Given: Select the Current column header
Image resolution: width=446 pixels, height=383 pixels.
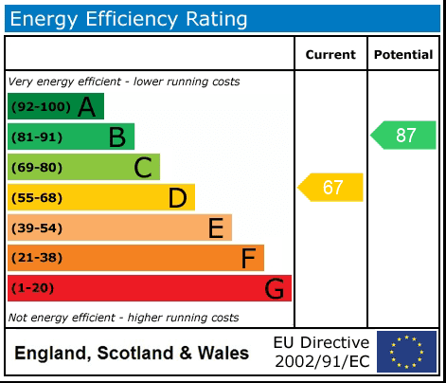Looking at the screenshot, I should click(330, 55).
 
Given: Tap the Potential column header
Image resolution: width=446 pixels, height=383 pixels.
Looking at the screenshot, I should click(403, 55).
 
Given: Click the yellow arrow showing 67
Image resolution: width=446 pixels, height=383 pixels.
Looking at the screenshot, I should click(331, 188).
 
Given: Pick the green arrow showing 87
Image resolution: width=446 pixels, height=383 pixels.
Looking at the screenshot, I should click(404, 135).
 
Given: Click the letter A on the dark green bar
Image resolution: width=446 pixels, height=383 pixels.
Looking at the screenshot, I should click(86, 107).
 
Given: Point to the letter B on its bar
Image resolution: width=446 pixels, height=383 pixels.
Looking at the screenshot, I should click(116, 137).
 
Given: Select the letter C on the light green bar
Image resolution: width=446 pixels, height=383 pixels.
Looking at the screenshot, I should click(143, 168).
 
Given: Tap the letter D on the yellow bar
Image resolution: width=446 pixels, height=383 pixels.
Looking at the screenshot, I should click(177, 198).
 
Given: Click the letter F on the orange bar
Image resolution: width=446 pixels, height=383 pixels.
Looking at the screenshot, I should click(248, 259).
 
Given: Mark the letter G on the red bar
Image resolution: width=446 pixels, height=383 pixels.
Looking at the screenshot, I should click(275, 289).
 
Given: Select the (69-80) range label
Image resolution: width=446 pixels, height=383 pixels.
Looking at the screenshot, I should click(37, 168).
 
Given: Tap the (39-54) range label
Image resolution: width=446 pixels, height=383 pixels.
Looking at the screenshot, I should click(37, 228).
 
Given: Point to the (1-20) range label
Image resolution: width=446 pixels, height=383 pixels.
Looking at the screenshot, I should click(33, 289).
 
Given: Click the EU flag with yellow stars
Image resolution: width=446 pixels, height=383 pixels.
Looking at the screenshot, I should click(407, 352).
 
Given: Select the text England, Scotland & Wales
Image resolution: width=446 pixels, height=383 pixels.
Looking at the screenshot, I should click(132, 354).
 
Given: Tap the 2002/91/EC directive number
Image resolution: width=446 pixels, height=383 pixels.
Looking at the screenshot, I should click(322, 361).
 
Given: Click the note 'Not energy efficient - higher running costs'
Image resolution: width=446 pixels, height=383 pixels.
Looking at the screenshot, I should click(123, 318).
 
